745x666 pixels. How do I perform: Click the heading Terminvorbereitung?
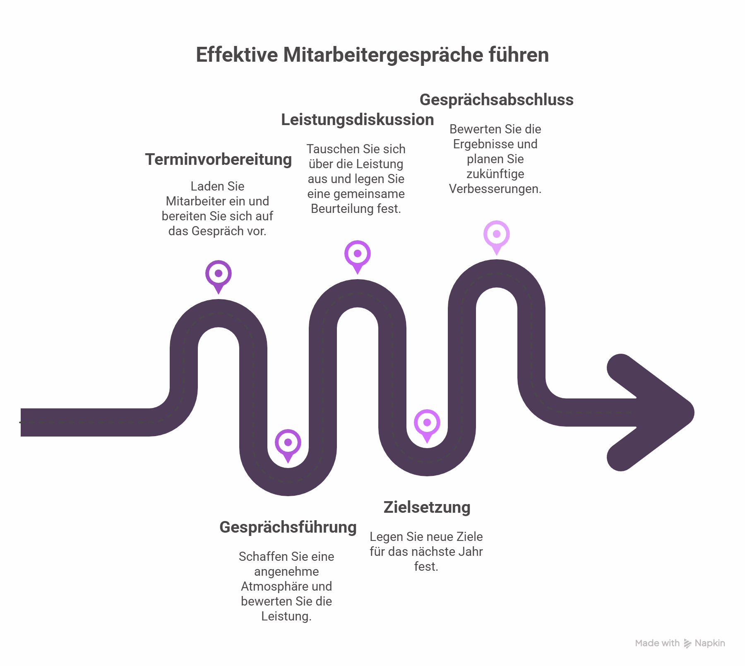pyautogui.click(x=218, y=159)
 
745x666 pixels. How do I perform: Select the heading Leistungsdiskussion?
pyautogui.click(x=357, y=120)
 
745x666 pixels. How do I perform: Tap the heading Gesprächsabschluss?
pyautogui.click(x=496, y=100)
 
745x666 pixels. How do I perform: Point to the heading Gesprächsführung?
pyautogui.click(x=288, y=527)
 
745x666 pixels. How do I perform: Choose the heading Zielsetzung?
pyautogui.click(x=427, y=507)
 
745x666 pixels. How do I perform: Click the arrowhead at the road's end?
pyautogui.click(x=654, y=413)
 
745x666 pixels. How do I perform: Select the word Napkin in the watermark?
pyautogui.click(x=710, y=643)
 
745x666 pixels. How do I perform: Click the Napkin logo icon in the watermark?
pyautogui.click(x=687, y=644)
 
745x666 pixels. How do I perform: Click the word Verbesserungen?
pyautogui.click(x=495, y=189)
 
